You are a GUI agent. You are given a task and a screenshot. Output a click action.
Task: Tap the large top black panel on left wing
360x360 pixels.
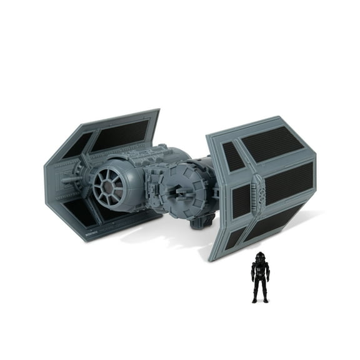pos(119,134)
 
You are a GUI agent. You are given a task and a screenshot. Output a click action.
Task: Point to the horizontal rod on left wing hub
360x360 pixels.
pos(69,179)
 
